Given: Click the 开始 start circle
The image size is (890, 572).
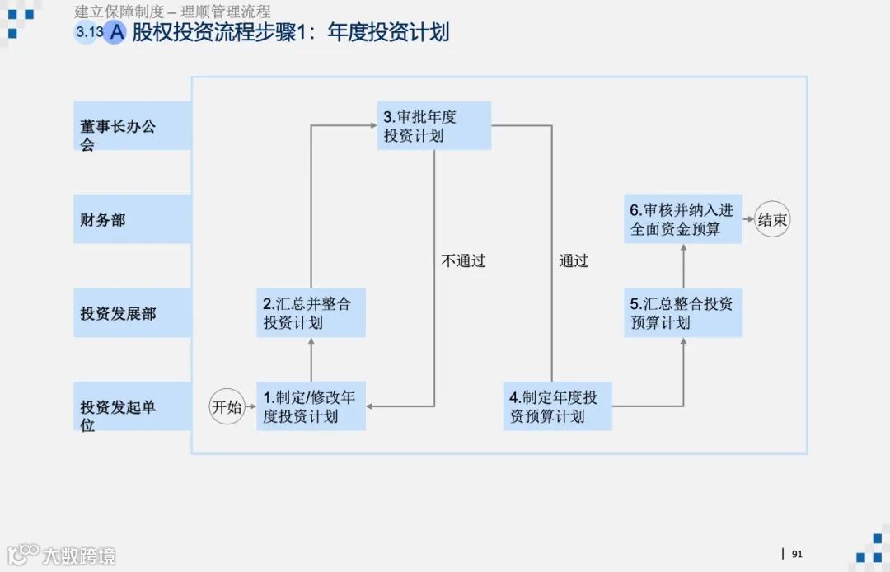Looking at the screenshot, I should [227, 406].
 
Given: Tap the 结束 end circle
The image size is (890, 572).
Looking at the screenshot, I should [772, 219].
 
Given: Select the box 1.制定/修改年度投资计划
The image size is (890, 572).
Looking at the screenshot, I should [311, 406].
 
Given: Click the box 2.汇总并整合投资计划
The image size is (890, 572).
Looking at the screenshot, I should [311, 313].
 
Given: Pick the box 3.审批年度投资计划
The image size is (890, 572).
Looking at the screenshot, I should [435, 126].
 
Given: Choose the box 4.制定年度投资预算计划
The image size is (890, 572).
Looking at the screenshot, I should [558, 406].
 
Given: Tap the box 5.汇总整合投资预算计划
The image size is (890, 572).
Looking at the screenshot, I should [682, 313].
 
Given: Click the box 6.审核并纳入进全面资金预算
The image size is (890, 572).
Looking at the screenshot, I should [682, 219].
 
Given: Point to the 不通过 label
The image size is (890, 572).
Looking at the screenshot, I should [464, 261].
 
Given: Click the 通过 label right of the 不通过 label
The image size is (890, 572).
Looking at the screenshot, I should [574, 261].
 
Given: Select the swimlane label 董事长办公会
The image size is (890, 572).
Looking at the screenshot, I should [132, 127].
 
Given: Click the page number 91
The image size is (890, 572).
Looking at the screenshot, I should [797, 554].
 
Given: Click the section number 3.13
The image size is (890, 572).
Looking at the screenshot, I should [88, 33].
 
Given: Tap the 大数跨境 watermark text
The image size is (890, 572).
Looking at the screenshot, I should [79, 555].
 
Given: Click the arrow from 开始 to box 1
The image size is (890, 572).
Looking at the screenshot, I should [251, 406].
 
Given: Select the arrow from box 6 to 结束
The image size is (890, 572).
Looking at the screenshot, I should [748, 219].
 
